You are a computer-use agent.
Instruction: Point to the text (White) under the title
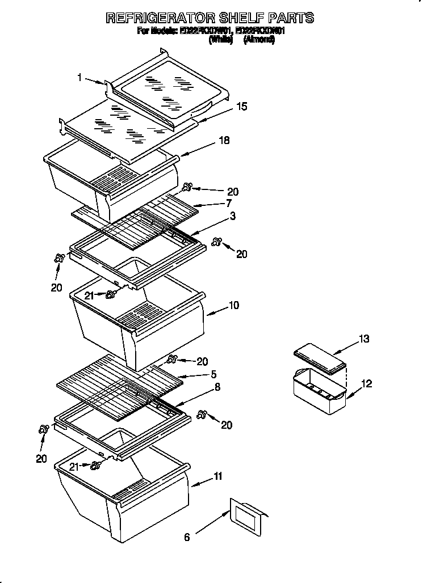coord(221,40)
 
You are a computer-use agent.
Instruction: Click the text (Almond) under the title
coord(259,40)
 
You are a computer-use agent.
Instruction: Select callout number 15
coord(241,106)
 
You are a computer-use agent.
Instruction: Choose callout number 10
coord(233,306)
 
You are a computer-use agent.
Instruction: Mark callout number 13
coord(364,339)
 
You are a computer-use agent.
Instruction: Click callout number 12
coord(366,384)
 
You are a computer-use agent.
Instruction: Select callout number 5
coord(213,374)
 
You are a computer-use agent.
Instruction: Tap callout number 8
coord(218,387)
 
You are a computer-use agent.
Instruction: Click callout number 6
coord(186,536)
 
